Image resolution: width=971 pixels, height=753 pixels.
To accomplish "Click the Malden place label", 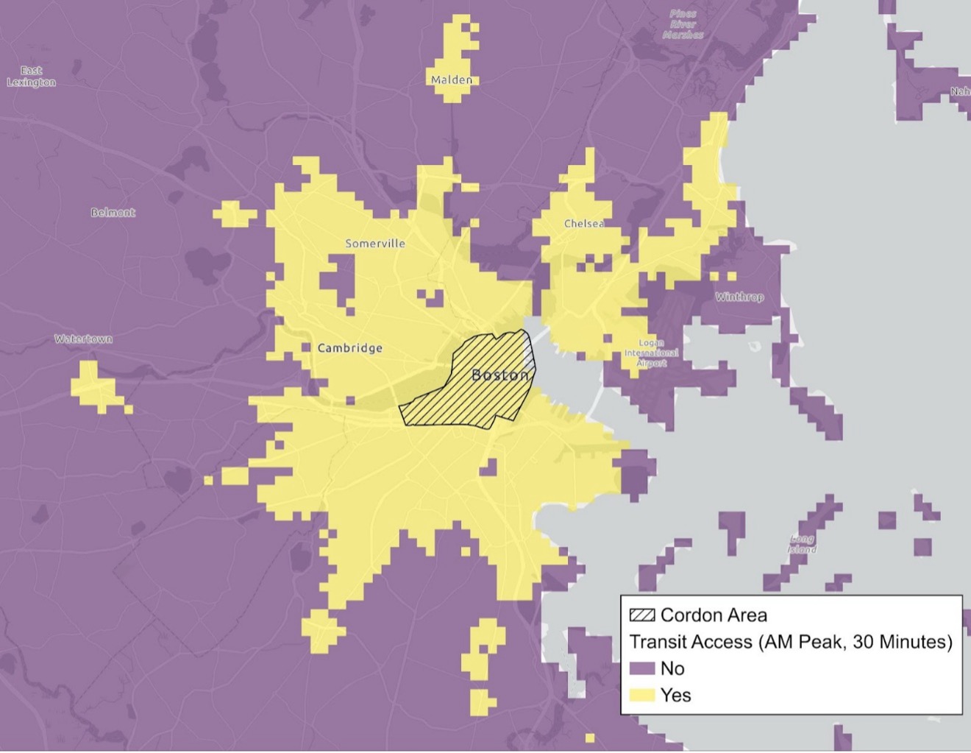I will (452, 79).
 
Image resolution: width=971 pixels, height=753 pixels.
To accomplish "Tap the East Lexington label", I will (31, 77).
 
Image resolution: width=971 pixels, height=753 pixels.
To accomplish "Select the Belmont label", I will (113, 213).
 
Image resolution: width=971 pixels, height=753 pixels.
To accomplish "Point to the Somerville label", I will (375, 244).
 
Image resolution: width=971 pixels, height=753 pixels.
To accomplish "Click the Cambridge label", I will (349, 348).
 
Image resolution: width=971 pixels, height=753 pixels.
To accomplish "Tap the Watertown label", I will (83, 339).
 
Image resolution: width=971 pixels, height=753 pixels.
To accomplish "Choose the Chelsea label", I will (584, 224).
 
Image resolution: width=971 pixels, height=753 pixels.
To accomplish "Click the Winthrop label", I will (739, 297).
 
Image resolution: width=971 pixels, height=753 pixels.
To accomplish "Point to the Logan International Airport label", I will (651, 353).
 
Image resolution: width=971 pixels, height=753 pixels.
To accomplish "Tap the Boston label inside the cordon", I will (500, 375).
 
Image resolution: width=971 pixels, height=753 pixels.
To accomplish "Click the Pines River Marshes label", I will (683, 24).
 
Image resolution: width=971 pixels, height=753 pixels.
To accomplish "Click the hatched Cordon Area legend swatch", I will (641, 615).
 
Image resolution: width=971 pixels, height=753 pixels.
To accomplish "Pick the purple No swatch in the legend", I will (641, 668).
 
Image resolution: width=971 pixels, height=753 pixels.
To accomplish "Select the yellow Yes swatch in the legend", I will (641, 696).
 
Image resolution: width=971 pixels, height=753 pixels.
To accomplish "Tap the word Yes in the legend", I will (676, 696).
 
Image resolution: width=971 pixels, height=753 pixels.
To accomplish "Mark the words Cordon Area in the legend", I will (714, 615).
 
